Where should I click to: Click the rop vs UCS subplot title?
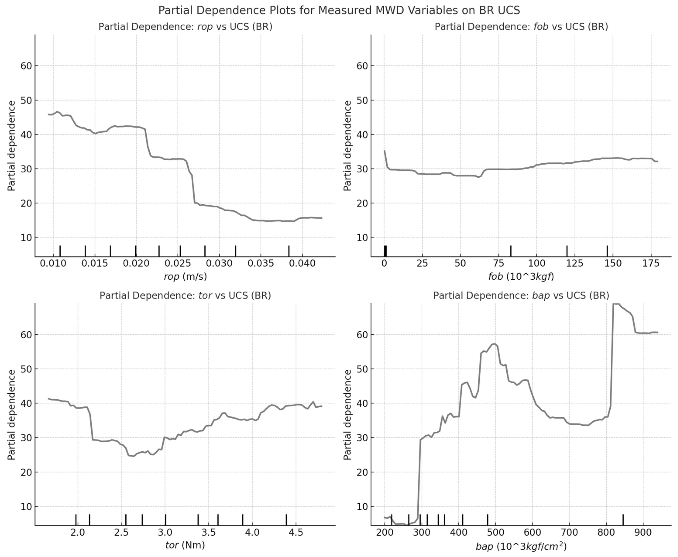point(185,27)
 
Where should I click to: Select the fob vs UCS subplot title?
point(521,27)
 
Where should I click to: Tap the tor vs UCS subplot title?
point(185,295)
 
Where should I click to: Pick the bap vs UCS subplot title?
point(521,295)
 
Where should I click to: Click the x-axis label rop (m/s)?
point(185,277)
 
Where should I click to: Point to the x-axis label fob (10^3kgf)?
point(521,277)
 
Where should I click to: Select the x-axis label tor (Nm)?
point(185,545)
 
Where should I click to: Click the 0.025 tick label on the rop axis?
point(178,264)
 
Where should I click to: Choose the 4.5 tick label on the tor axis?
point(296,533)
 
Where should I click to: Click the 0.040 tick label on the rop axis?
point(302,264)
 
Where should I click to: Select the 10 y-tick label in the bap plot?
point(362,507)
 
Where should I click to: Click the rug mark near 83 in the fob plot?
point(511,251)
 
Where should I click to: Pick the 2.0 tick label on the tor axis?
point(78,533)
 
